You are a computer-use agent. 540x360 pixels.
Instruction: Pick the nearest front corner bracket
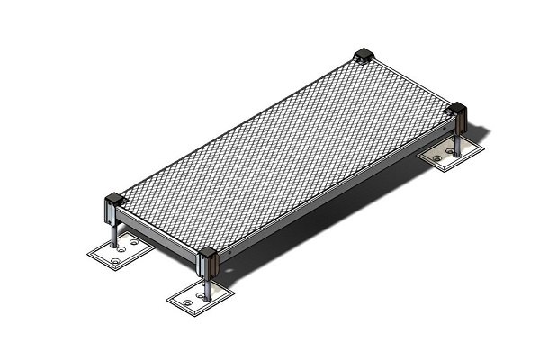(208, 262)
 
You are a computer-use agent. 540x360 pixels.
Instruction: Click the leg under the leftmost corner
(115, 233)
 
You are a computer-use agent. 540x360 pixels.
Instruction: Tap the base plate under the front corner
(200, 300)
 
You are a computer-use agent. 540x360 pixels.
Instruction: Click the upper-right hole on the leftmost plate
(135, 242)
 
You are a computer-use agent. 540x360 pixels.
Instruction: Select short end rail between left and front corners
(157, 236)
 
